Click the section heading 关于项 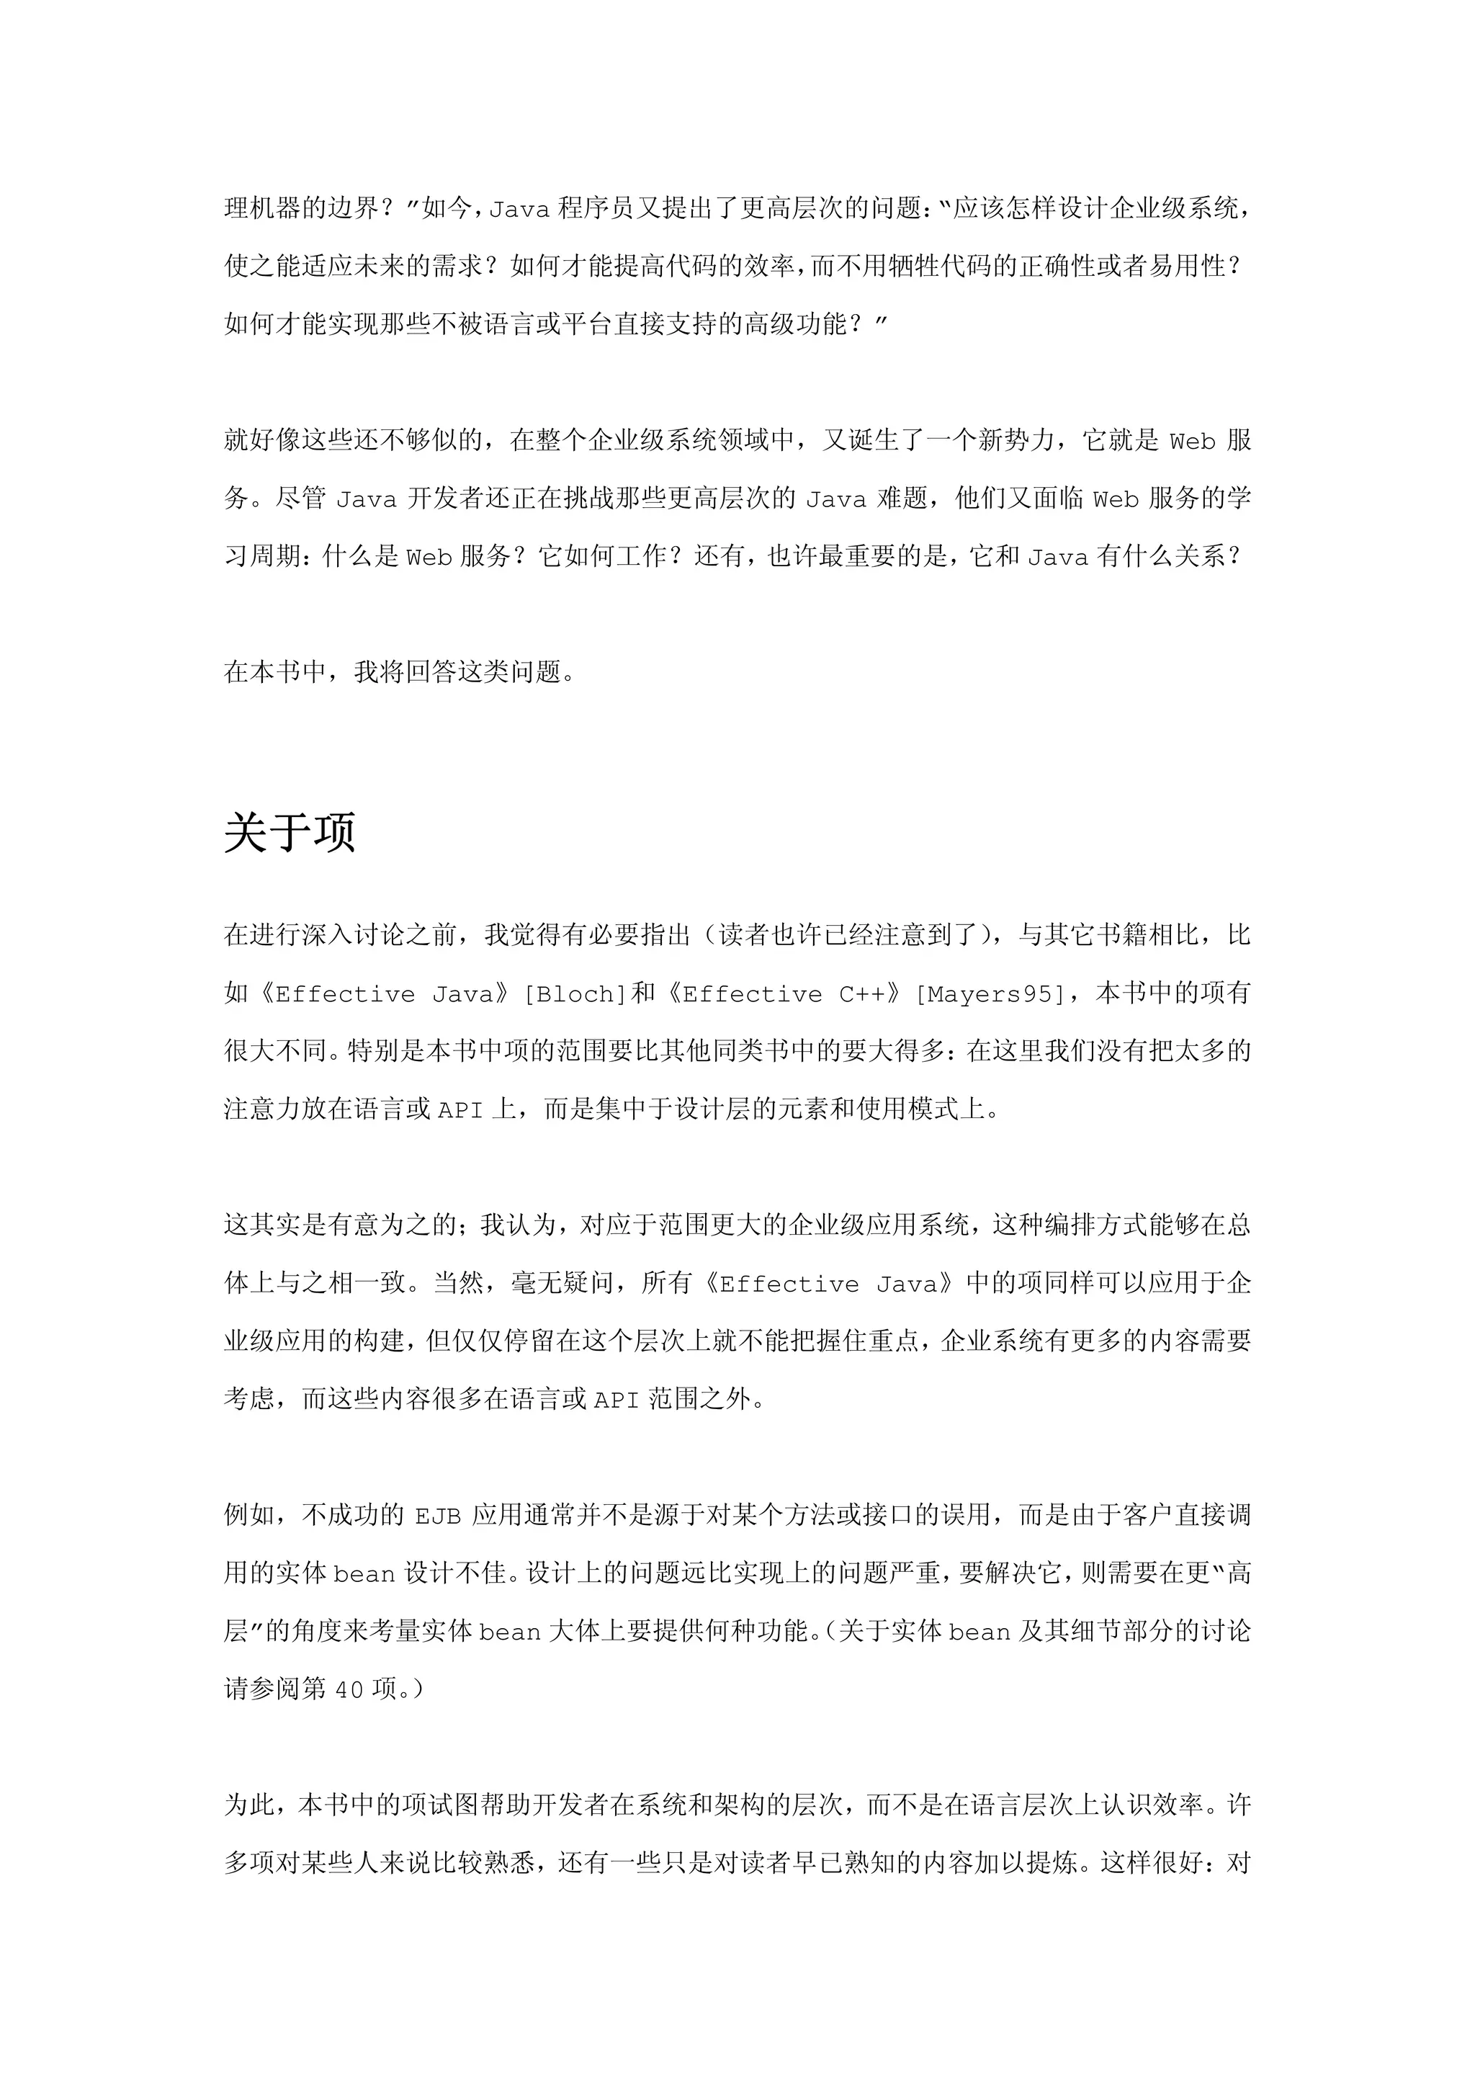point(289,832)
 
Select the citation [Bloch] point(575,994)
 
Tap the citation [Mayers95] point(989,994)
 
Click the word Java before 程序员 point(520,210)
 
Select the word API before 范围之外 point(617,1400)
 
